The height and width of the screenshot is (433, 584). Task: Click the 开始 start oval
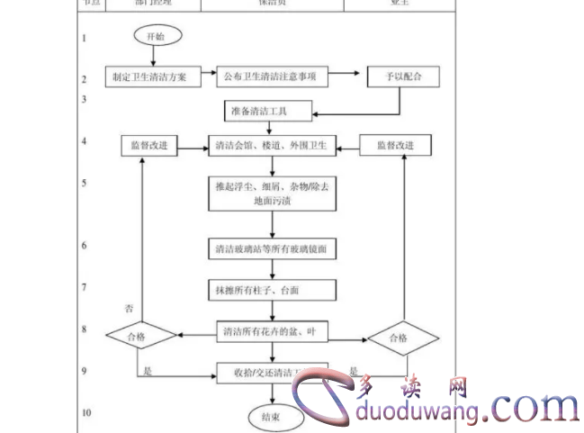click(x=157, y=36)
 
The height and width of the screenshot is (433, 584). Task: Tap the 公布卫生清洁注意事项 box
click(x=271, y=77)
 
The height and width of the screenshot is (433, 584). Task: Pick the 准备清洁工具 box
click(x=268, y=112)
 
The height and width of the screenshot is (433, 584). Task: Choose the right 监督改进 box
click(x=393, y=145)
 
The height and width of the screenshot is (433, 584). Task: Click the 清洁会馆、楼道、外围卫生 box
click(x=270, y=145)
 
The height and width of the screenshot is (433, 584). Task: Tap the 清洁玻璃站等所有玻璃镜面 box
click(x=270, y=248)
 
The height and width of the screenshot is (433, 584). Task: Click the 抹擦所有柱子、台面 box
click(x=269, y=290)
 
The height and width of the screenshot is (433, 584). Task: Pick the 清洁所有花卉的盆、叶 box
click(x=270, y=332)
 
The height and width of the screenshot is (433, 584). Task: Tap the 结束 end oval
click(x=270, y=417)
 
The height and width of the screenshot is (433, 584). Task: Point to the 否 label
click(x=129, y=309)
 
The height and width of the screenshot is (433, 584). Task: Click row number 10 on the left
click(x=86, y=413)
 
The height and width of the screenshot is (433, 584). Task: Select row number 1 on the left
click(x=85, y=38)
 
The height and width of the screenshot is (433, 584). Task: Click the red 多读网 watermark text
click(x=415, y=387)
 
